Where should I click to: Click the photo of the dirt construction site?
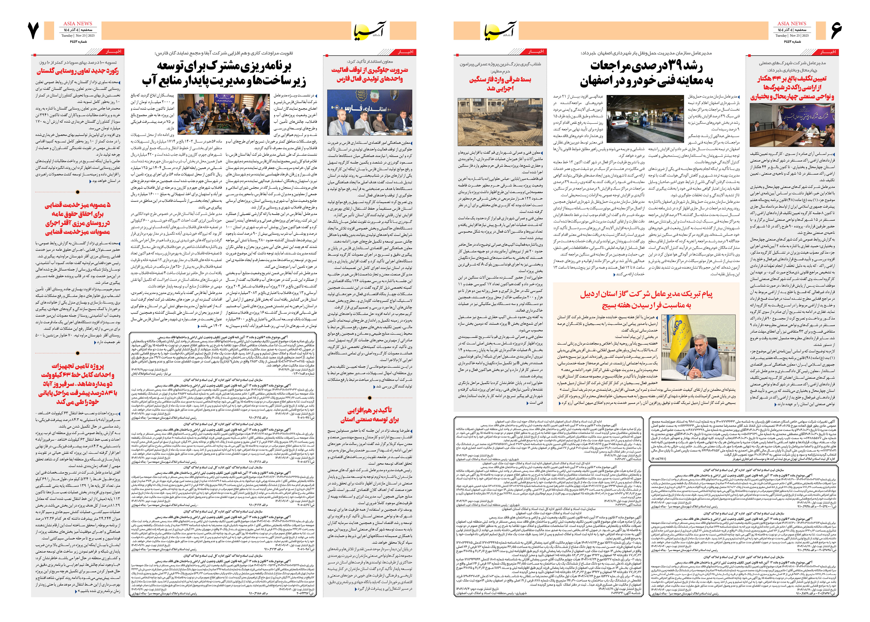click(500, 122)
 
